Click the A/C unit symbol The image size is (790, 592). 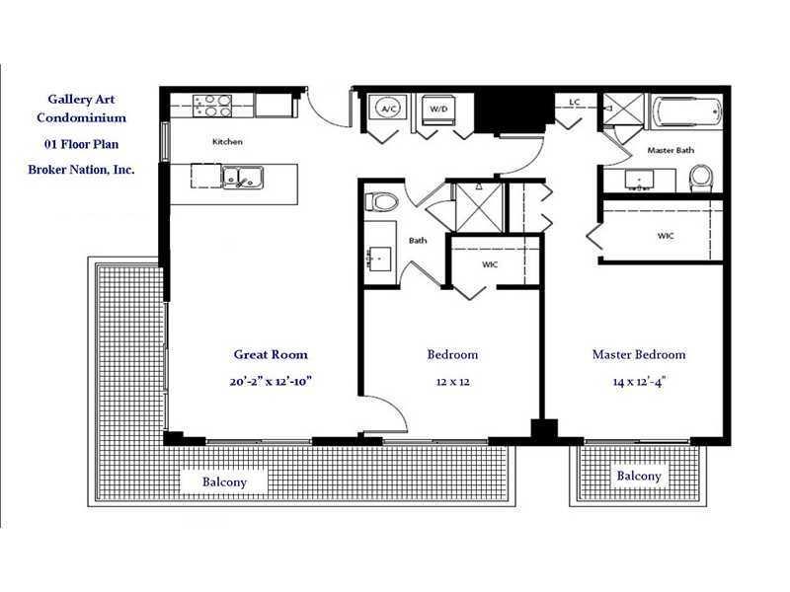[387, 108]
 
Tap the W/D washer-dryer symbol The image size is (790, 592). [438, 110]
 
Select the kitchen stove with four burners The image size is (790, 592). [212, 106]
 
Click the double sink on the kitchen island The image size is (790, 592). [242, 178]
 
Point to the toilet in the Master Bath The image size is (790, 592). [701, 179]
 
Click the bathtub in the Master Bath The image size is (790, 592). [687, 111]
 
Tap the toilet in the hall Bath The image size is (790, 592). [381, 202]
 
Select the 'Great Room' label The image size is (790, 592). [271, 354]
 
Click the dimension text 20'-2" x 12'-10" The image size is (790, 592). [271, 381]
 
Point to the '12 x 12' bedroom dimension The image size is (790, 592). [452, 382]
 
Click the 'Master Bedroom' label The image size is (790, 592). [639, 354]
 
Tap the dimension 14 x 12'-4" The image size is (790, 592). [639, 382]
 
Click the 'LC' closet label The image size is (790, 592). [575, 102]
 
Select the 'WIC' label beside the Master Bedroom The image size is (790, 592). [666, 236]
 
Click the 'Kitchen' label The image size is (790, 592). [227, 142]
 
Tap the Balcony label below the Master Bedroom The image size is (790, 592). [639, 476]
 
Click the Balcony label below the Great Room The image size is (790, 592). [224, 481]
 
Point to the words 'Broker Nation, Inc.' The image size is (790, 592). [81, 170]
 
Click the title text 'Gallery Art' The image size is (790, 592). [81, 100]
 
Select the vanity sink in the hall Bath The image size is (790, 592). [380, 259]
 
